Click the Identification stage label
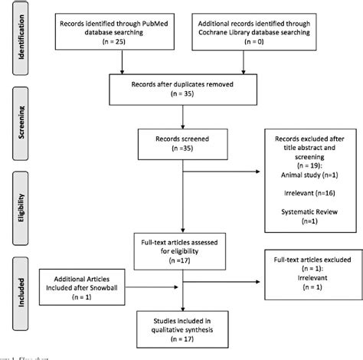point(22,39)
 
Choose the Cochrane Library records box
point(265,34)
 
